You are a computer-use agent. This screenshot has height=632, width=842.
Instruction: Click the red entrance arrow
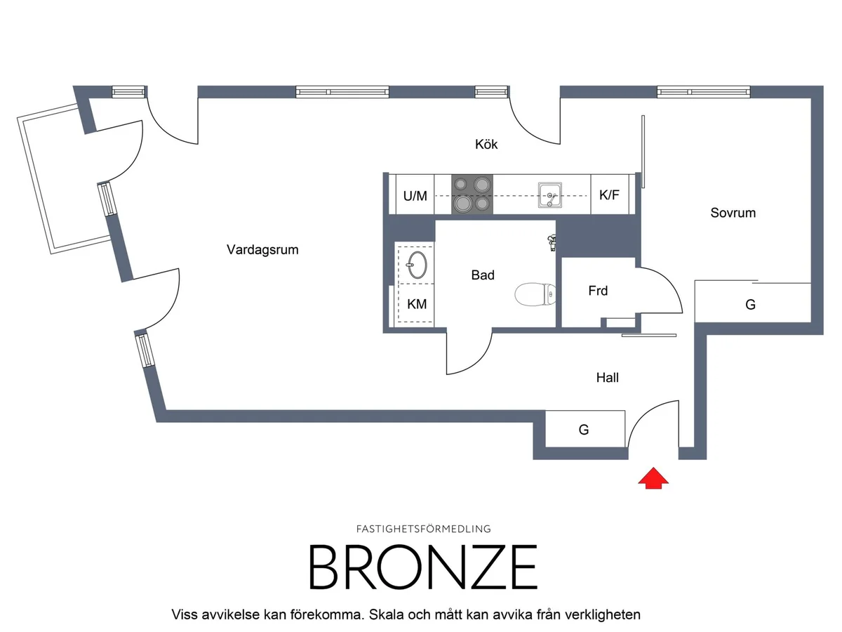pos(653,478)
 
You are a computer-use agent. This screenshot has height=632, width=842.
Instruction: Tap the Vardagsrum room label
pos(262,250)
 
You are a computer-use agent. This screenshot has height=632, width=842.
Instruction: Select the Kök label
pos(486,144)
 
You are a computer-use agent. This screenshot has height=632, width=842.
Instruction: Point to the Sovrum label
pos(733,213)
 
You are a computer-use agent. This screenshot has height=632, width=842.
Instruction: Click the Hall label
pos(607,378)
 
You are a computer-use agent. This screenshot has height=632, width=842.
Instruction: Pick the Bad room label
pos(483,275)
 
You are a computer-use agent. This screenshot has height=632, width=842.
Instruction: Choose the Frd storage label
pos(598,291)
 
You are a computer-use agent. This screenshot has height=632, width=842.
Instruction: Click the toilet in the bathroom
pos(535,294)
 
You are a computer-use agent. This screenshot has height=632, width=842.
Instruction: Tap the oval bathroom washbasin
pos(416,265)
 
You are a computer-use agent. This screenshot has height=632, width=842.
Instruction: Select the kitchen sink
pos(549,195)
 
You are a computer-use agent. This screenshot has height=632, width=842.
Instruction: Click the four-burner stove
pos(472,195)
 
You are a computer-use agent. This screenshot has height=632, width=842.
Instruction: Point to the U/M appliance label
pos(415,196)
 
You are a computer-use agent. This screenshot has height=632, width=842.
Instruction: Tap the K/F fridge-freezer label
pos(609,195)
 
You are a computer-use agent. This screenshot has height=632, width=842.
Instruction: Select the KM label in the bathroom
pos(417,304)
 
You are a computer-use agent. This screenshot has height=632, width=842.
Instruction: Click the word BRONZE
pos(422,567)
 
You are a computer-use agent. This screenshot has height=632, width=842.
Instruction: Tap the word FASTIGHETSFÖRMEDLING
pos(423,529)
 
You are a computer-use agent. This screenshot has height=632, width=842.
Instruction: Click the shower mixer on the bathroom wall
pos(552,242)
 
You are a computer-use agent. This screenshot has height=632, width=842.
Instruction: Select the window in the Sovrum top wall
pos(704,92)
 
